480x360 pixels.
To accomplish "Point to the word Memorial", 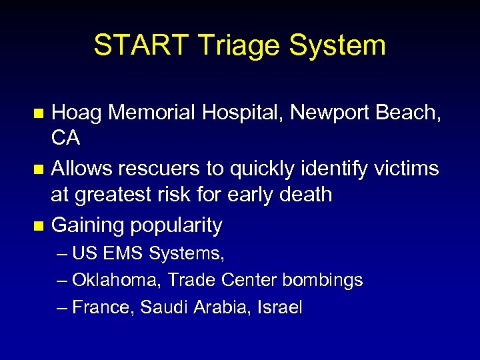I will tap(151, 113).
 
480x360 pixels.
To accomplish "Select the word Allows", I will tap(83, 169).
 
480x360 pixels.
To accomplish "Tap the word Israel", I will tap(281, 307).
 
